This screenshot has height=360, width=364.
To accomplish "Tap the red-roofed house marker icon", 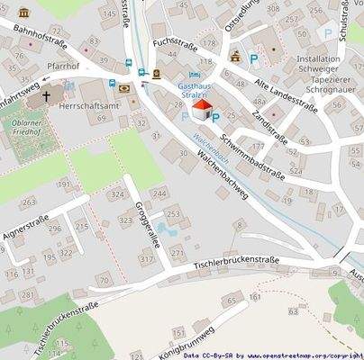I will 204,111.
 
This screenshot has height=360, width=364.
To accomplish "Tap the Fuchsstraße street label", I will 175,42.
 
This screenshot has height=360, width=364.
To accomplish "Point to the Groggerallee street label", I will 140,219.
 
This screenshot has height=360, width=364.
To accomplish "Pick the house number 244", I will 159,193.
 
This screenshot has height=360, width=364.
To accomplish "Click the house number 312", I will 146,258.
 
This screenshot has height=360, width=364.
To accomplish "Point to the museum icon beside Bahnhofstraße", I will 23,13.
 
